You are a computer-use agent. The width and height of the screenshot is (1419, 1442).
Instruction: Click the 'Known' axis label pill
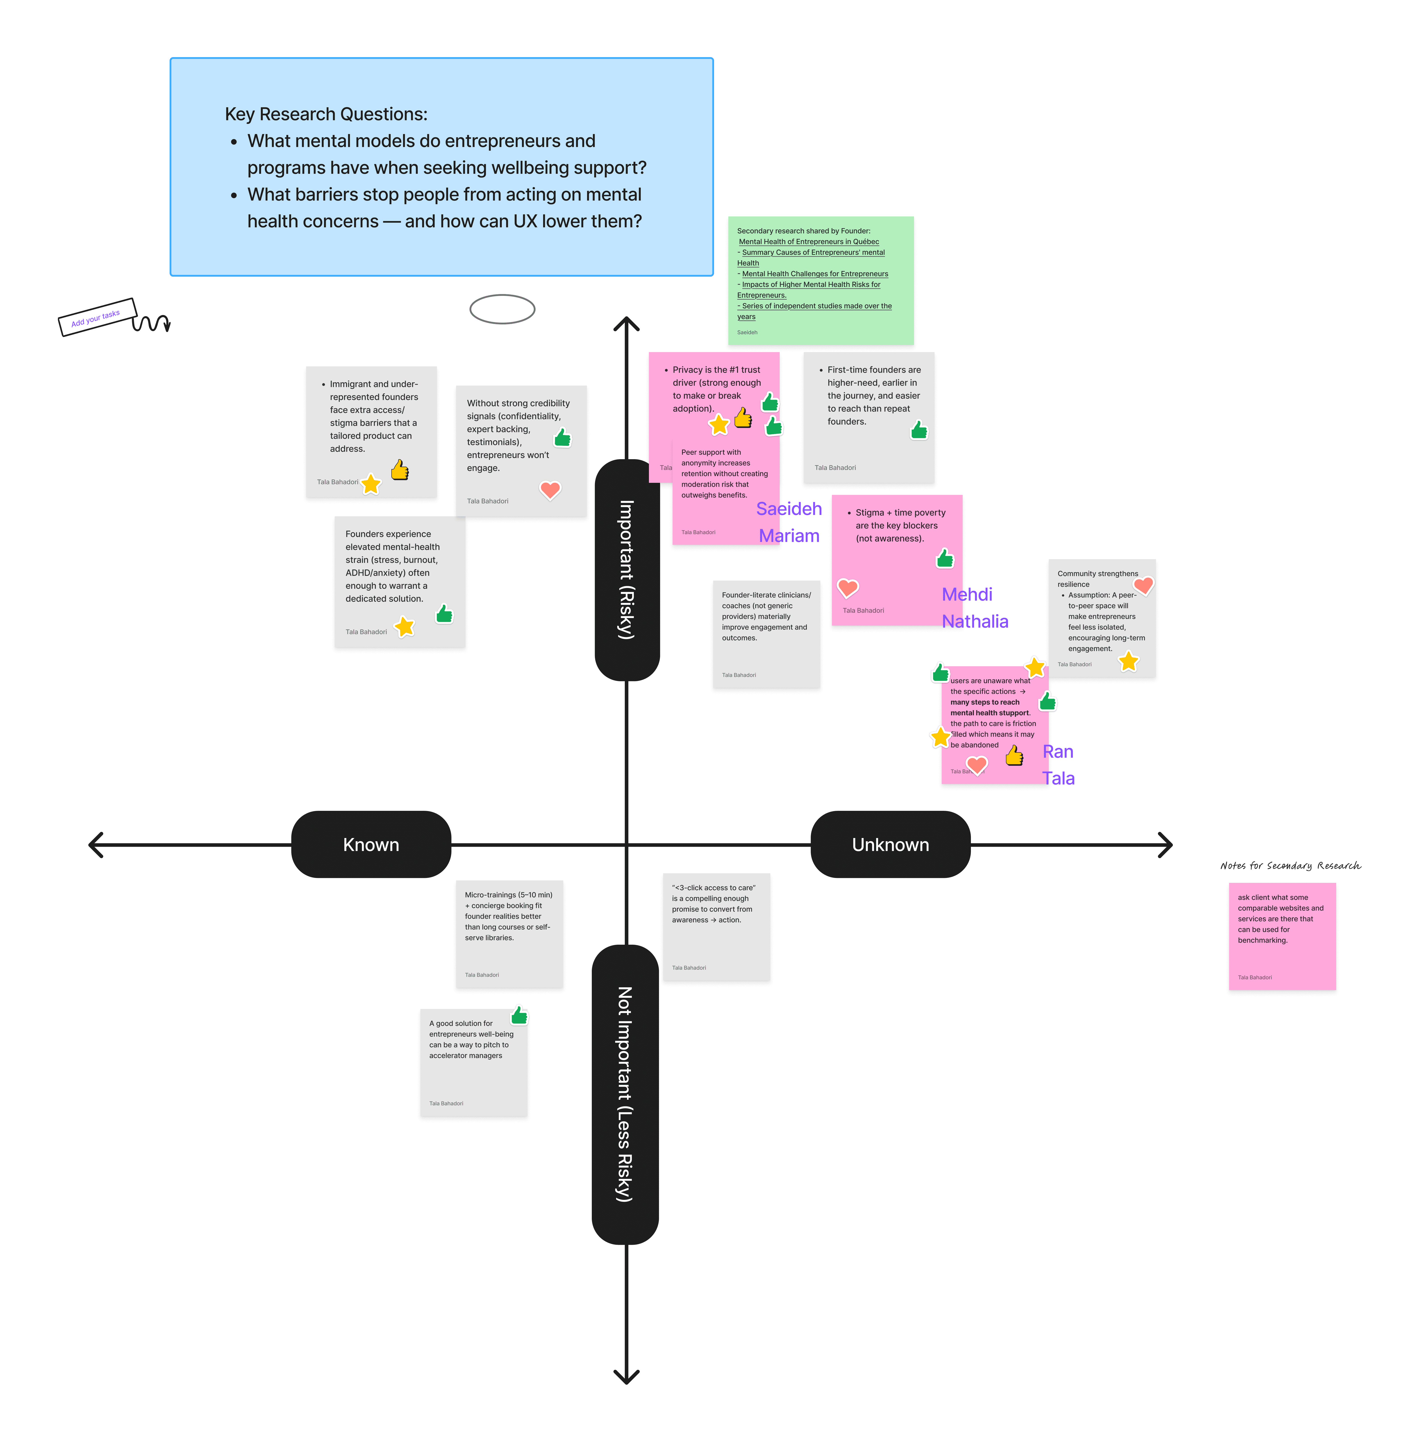click(371, 844)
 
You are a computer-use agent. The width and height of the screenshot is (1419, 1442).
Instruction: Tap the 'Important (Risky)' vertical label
click(627, 570)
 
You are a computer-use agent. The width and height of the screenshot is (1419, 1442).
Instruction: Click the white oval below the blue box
click(502, 309)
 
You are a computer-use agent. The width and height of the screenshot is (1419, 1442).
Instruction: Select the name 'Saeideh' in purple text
click(789, 509)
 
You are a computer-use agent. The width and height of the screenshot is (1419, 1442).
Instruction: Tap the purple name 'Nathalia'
click(975, 622)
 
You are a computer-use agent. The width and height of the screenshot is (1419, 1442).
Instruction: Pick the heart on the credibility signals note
click(550, 490)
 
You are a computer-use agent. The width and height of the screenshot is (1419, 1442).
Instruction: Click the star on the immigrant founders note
click(370, 484)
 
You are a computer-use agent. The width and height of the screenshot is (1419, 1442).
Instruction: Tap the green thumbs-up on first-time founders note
click(919, 430)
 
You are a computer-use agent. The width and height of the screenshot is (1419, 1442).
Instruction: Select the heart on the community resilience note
click(1143, 586)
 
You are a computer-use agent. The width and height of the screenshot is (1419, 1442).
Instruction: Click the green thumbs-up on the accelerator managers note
click(519, 1015)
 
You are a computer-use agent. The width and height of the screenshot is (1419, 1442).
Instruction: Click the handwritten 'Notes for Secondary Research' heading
click(1290, 865)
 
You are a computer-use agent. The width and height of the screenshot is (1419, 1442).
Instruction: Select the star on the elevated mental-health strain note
click(404, 627)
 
